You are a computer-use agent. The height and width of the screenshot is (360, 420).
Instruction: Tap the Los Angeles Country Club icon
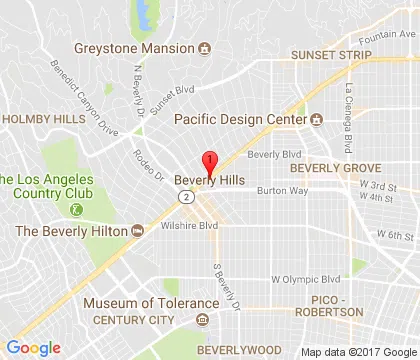tap(76, 209)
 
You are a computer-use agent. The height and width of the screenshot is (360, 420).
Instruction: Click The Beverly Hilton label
tap(70, 231)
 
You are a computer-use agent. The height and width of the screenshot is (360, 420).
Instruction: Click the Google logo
tap(33, 347)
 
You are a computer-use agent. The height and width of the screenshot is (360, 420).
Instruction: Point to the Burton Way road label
tap(277, 190)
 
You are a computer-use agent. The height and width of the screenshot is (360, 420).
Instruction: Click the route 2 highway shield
tap(187, 198)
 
